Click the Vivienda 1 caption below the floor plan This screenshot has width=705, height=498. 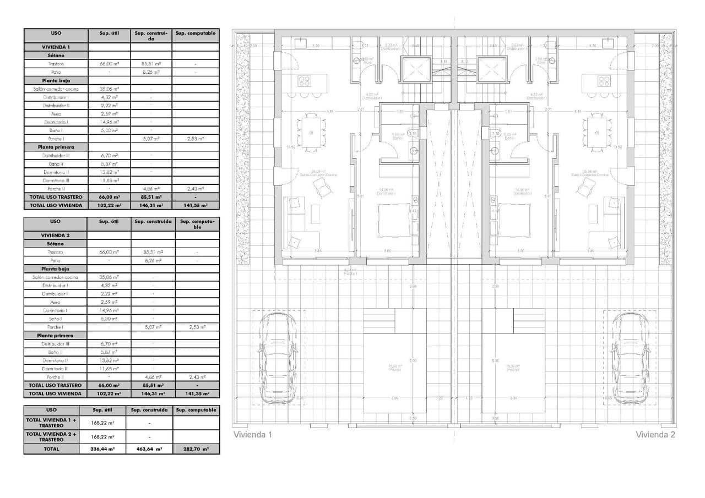[x=253, y=435]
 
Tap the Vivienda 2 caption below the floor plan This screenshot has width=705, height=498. [x=655, y=435]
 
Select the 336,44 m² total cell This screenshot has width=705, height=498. [x=102, y=449]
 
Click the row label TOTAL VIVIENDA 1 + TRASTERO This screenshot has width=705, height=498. [x=51, y=423]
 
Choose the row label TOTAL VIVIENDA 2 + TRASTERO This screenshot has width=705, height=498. [x=51, y=436]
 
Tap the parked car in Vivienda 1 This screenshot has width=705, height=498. [x=279, y=358]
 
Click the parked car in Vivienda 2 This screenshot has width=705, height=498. [x=629, y=358]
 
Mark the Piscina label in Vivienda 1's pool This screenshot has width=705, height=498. [x=394, y=368]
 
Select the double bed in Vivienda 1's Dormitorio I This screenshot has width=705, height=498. [x=394, y=220]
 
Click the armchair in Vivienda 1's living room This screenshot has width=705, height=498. [x=322, y=189]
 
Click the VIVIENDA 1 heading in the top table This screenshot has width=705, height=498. [x=55, y=47]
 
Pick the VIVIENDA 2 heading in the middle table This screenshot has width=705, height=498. [x=55, y=235]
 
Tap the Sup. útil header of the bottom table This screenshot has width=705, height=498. [x=102, y=410]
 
